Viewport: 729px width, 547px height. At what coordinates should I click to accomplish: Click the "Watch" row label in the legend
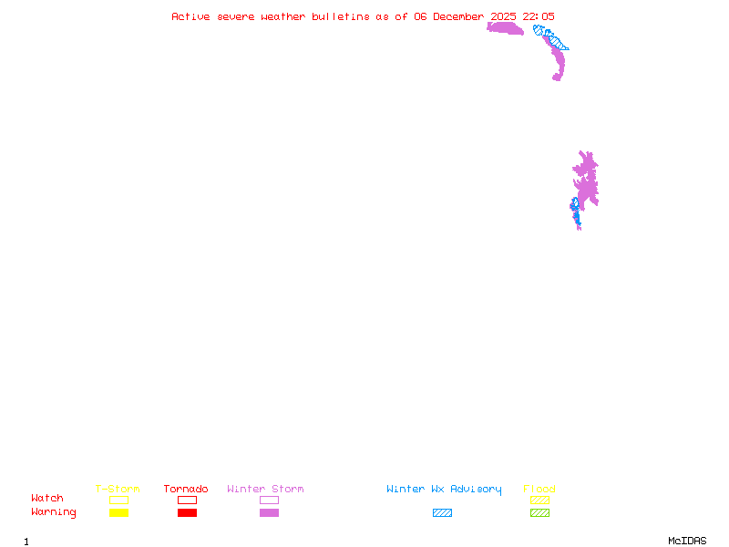tap(47, 499)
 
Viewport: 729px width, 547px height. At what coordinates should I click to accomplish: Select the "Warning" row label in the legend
tap(54, 512)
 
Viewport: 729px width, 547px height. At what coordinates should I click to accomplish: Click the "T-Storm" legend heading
tap(118, 489)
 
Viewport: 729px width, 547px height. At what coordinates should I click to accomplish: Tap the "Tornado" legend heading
tap(186, 489)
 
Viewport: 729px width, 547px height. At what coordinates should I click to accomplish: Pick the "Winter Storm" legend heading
tap(265, 489)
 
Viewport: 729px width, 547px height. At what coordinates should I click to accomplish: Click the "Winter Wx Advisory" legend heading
tap(444, 489)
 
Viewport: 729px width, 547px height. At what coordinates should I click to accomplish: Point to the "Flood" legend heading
tap(539, 489)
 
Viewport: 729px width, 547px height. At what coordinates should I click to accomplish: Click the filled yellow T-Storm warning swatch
tap(118, 512)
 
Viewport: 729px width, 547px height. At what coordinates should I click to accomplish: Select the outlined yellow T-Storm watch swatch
tap(118, 500)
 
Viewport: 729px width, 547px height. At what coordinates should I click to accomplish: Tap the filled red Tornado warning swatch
tap(187, 512)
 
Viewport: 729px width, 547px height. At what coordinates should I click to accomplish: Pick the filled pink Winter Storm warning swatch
tap(269, 512)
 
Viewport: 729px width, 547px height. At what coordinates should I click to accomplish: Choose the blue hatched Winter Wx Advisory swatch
tap(442, 512)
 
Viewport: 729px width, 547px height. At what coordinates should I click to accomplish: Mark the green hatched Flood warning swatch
tap(539, 512)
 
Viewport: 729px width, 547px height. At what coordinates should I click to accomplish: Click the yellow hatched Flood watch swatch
tap(539, 500)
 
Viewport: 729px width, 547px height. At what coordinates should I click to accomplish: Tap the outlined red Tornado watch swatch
tap(187, 500)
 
